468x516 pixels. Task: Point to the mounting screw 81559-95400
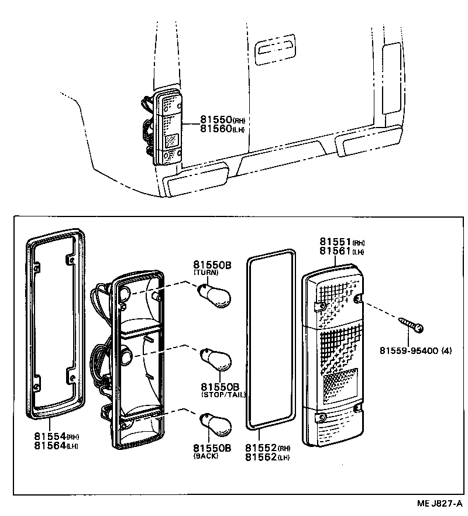coord(412,324)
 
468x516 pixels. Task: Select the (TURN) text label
coord(205,273)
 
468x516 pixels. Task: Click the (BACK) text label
coord(205,456)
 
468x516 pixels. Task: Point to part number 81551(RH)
coord(342,242)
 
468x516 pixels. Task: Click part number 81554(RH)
coord(56,436)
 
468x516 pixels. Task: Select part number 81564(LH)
coord(56,446)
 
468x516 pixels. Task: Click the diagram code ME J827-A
coord(439,504)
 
